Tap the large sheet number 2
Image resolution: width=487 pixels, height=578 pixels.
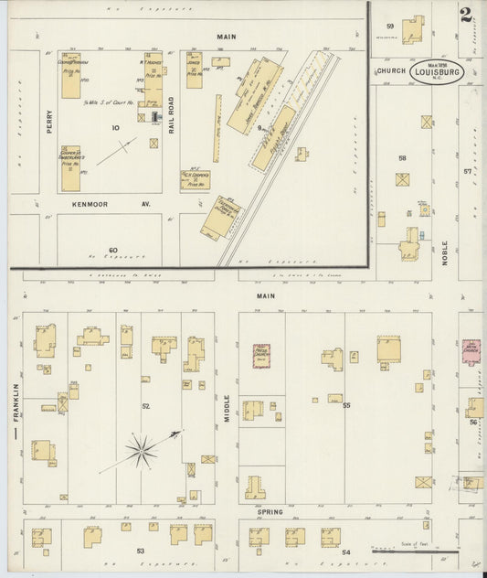466,15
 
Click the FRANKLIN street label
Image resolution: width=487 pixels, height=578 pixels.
16,402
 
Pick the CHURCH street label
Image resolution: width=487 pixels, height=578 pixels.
388,70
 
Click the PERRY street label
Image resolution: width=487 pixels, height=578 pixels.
48,123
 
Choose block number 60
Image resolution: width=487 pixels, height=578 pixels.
113,250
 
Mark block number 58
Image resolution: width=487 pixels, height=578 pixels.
401,158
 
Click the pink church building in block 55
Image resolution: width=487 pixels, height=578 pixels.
261,356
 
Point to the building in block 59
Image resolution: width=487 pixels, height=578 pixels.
413,28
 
